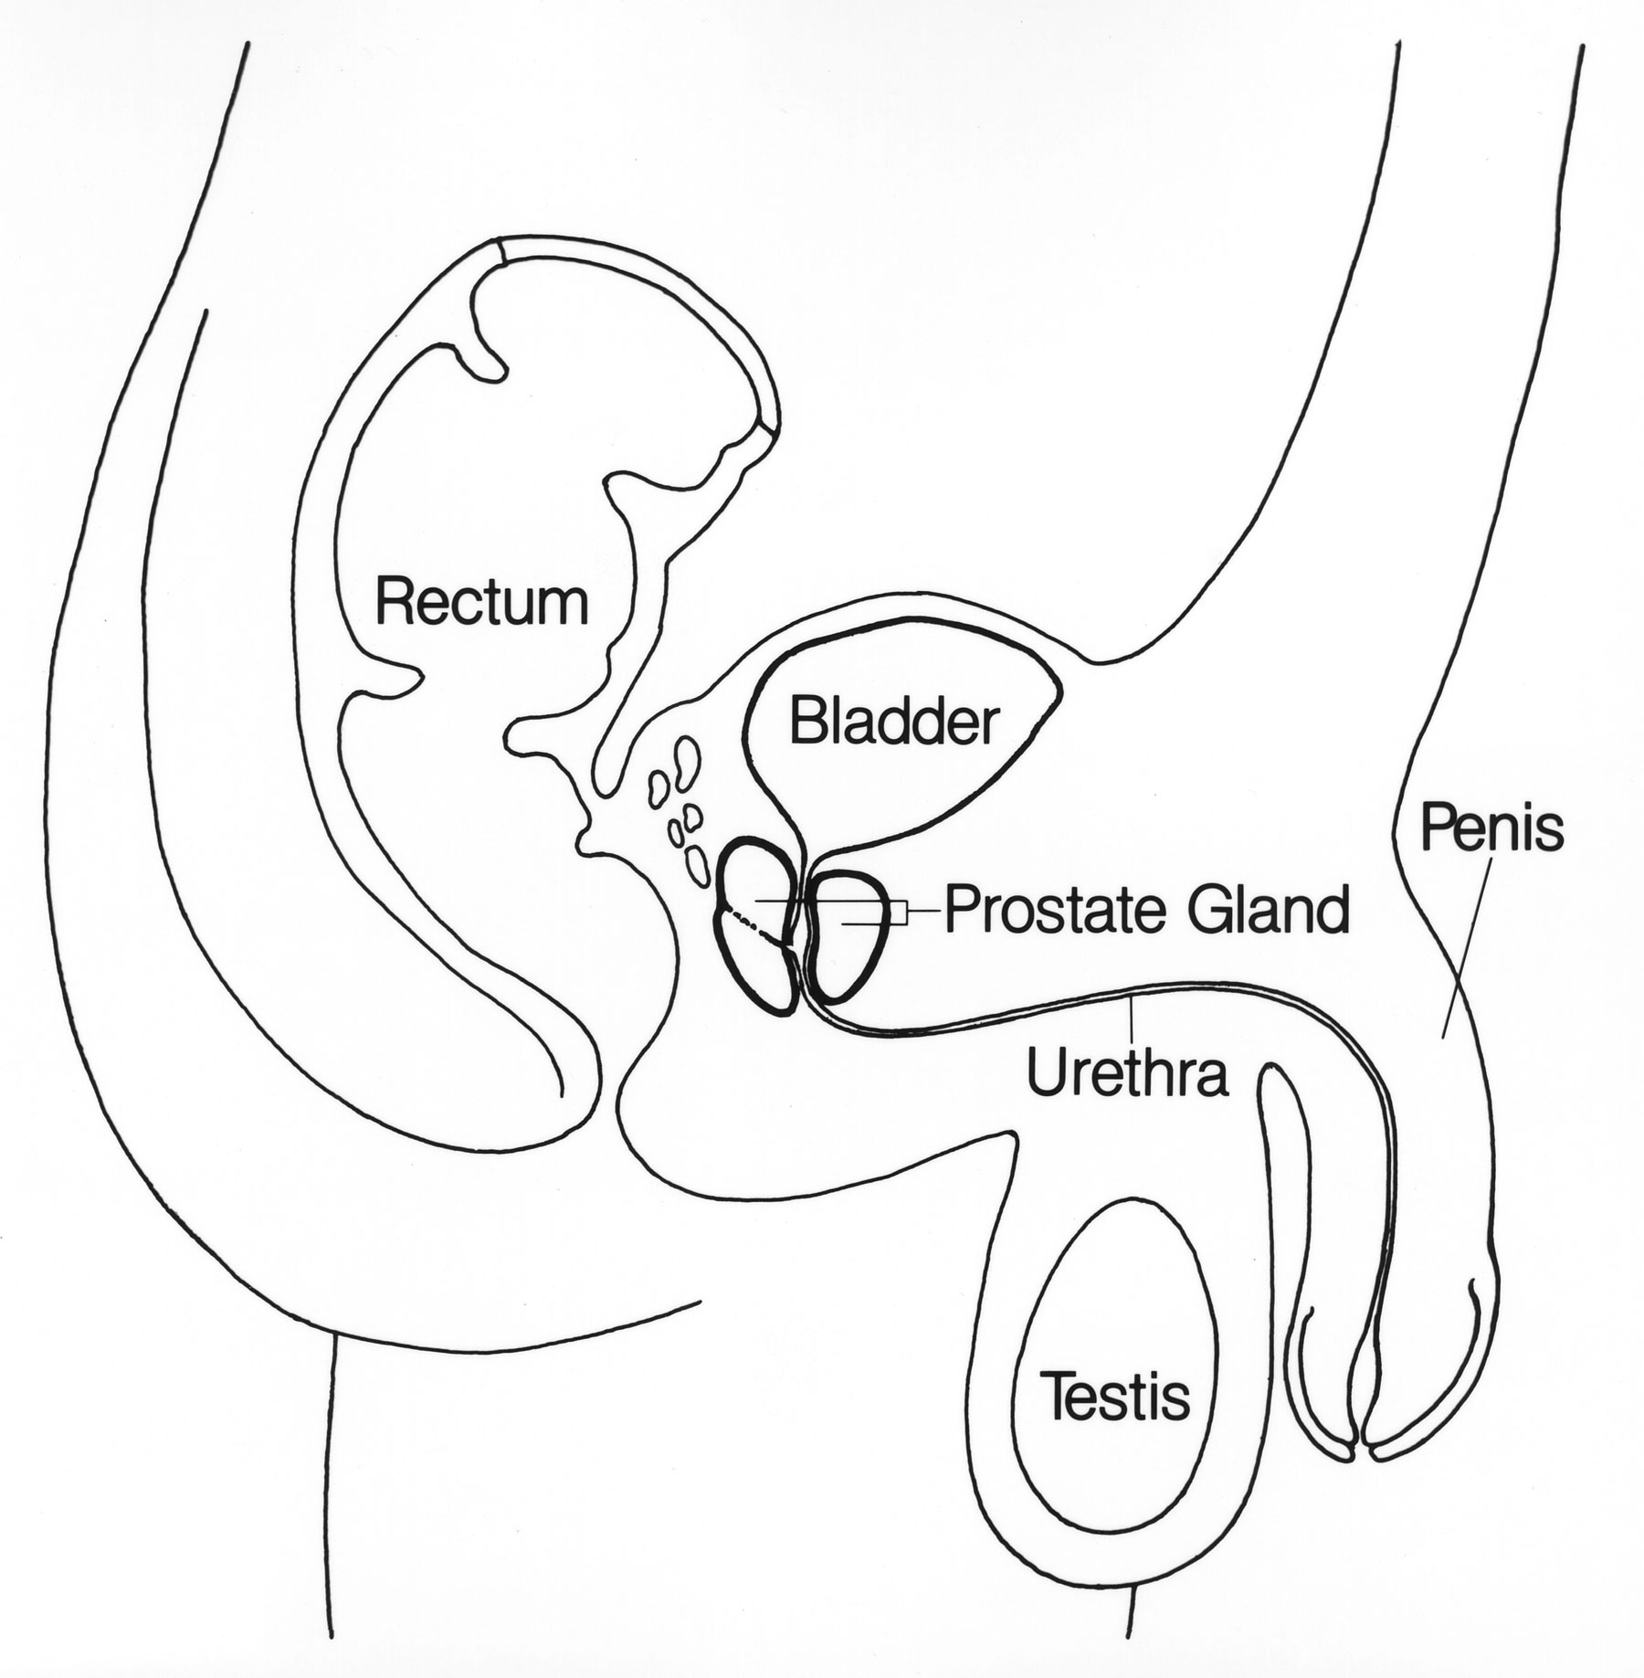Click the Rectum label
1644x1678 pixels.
point(482,603)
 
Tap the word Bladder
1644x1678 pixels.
point(891,723)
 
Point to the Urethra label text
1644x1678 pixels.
point(1127,1072)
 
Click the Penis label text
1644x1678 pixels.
point(1491,830)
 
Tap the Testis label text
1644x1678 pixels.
point(1116,1397)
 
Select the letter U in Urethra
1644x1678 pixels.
point(1047,1072)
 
